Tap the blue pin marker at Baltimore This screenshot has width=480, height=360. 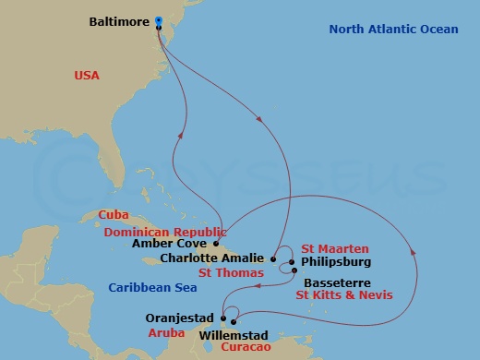159,20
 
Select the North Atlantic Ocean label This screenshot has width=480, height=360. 393,30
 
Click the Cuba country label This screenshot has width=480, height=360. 114,215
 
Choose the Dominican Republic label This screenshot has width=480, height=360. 165,232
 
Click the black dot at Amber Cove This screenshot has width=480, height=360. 217,244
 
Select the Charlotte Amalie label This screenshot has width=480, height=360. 214,258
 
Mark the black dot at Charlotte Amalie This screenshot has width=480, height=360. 273,258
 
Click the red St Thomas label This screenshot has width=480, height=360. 230,272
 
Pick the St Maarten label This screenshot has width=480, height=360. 335,249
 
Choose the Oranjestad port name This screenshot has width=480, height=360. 181,318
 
